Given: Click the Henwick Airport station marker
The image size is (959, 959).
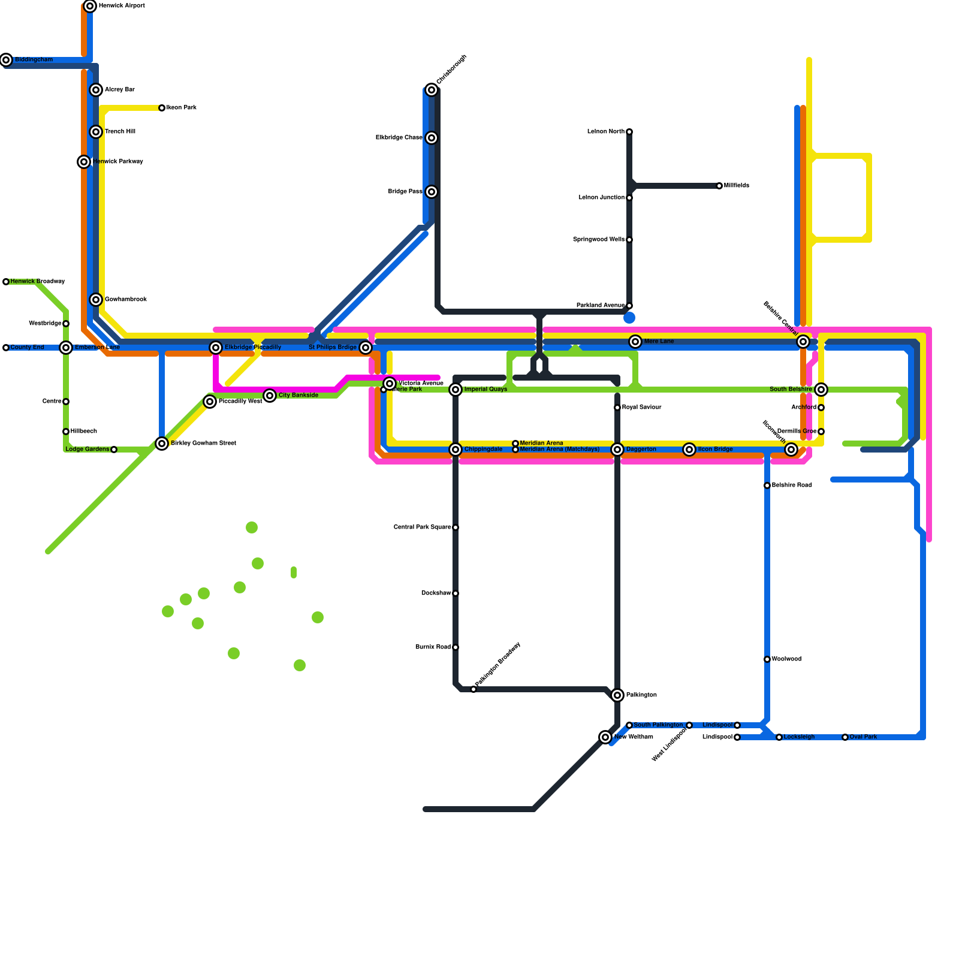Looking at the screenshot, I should pyautogui.click(x=90, y=6).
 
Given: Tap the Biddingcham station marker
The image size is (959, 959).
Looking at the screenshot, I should pyautogui.click(x=6, y=60).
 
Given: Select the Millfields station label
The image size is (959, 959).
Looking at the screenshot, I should pyautogui.click(x=737, y=186).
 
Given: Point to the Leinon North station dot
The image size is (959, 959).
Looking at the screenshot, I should pyautogui.click(x=629, y=132).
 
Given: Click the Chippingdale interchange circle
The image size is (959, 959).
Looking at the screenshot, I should pyautogui.click(x=456, y=450).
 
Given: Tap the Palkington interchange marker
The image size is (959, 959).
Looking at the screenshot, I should pyautogui.click(x=617, y=695).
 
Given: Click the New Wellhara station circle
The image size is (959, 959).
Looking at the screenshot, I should pyautogui.click(x=605, y=737).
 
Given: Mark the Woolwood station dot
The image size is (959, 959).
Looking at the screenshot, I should pyautogui.click(x=767, y=659).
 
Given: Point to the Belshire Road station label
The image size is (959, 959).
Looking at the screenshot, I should pyautogui.click(x=792, y=485).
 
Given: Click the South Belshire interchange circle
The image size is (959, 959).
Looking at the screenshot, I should pyautogui.click(x=821, y=390).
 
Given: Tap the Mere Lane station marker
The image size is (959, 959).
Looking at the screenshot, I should pyautogui.click(x=635, y=342).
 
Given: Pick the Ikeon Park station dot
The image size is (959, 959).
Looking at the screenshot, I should pyautogui.click(x=162, y=108).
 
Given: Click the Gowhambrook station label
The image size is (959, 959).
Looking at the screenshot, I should pyautogui.click(x=126, y=300).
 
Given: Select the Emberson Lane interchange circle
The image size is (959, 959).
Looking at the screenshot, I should pyautogui.click(x=66, y=348).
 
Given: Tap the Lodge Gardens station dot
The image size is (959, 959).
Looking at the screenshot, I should pyautogui.click(x=114, y=450).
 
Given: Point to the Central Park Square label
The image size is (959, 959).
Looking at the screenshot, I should pyautogui.click(x=422, y=527).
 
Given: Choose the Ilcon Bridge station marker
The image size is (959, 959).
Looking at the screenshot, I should pyautogui.click(x=689, y=450).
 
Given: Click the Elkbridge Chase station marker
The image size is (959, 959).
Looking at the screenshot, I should pyautogui.click(x=432, y=138).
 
